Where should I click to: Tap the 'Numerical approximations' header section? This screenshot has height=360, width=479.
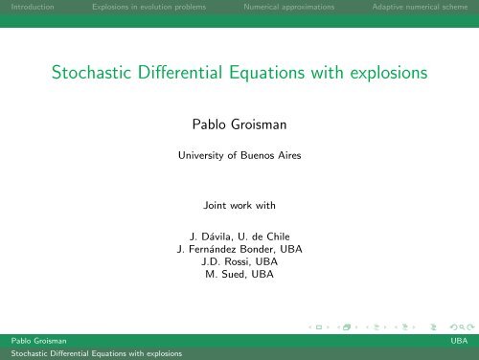click(x=288, y=9)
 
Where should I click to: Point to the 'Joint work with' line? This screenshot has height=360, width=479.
click(x=239, y=205)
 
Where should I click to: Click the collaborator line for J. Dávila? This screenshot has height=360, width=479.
click(x=239, y=236)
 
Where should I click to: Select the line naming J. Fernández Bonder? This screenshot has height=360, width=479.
click(x=239, y=251)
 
